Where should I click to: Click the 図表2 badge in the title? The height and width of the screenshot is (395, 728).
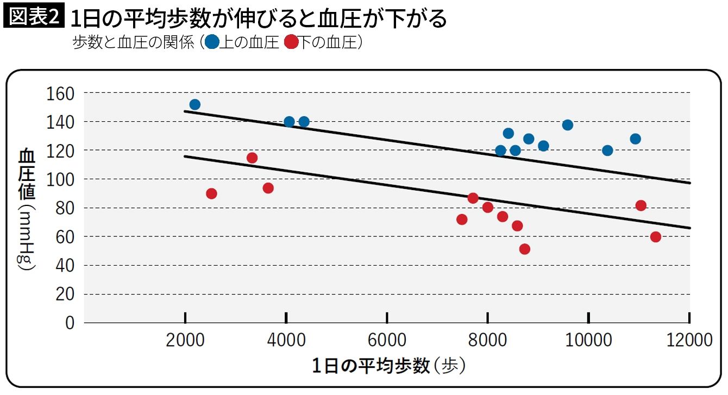34,17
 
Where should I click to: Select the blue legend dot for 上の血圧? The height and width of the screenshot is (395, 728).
212,42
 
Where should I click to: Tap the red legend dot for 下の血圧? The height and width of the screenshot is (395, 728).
292,42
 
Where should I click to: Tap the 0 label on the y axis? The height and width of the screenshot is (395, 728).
69,323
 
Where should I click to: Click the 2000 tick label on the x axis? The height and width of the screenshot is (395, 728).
185,340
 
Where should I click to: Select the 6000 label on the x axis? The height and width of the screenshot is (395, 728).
387,340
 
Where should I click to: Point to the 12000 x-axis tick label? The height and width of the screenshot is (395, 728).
689,340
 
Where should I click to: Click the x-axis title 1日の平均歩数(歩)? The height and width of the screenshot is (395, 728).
388,366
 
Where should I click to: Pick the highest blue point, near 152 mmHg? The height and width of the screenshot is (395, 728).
194,105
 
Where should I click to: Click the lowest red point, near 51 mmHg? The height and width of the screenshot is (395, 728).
524,249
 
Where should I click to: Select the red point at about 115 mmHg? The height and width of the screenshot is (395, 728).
252,158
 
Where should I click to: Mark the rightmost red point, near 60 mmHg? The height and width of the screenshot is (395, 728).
655,237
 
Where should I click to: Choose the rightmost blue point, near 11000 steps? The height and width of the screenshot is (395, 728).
635,139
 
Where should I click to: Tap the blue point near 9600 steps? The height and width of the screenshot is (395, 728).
568,125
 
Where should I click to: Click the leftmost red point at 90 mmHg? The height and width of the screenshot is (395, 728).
211,193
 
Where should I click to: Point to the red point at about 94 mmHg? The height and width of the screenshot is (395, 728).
268,188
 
